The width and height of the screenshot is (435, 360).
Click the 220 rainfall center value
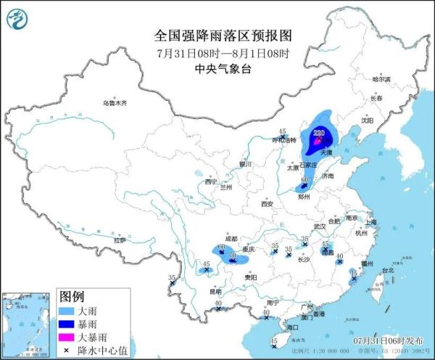point(320,133)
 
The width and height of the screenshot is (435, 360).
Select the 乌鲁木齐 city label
point(115,103)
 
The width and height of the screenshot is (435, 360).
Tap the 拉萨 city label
point(119,240)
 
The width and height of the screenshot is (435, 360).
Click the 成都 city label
point(231,238)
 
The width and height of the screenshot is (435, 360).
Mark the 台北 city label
point(387,270)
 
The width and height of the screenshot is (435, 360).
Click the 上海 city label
point(371,222)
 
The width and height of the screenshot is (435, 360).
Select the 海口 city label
point(292,328)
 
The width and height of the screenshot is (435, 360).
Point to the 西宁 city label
point(211,181)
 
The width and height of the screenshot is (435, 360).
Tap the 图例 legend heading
point(72,297)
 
